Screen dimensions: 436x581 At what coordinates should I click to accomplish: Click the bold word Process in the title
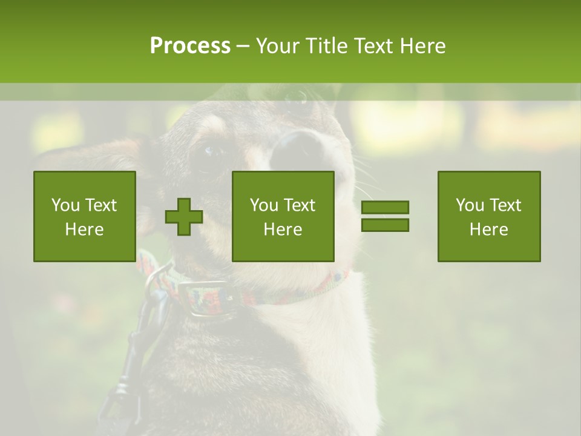click(190, 46)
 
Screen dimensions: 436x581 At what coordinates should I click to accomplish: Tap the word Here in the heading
click(421, 46)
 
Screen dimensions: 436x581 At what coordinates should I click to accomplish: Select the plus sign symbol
click(184, 217)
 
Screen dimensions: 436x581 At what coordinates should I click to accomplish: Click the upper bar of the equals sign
click(385, 208)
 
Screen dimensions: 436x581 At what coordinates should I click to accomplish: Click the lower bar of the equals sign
click(385, 225)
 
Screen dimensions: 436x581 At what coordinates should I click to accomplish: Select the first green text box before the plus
click(85, 216)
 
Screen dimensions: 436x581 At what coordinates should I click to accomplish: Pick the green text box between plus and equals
click(283, 216)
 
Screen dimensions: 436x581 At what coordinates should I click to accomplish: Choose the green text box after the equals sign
click(489, 216)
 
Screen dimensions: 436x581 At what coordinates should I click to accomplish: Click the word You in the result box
click(469, 205)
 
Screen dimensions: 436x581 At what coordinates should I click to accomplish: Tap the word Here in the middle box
click(283, 230)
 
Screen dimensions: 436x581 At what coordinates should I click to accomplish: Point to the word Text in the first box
click(100, 205)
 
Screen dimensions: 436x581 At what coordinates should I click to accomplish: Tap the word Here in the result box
click(489, 230)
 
